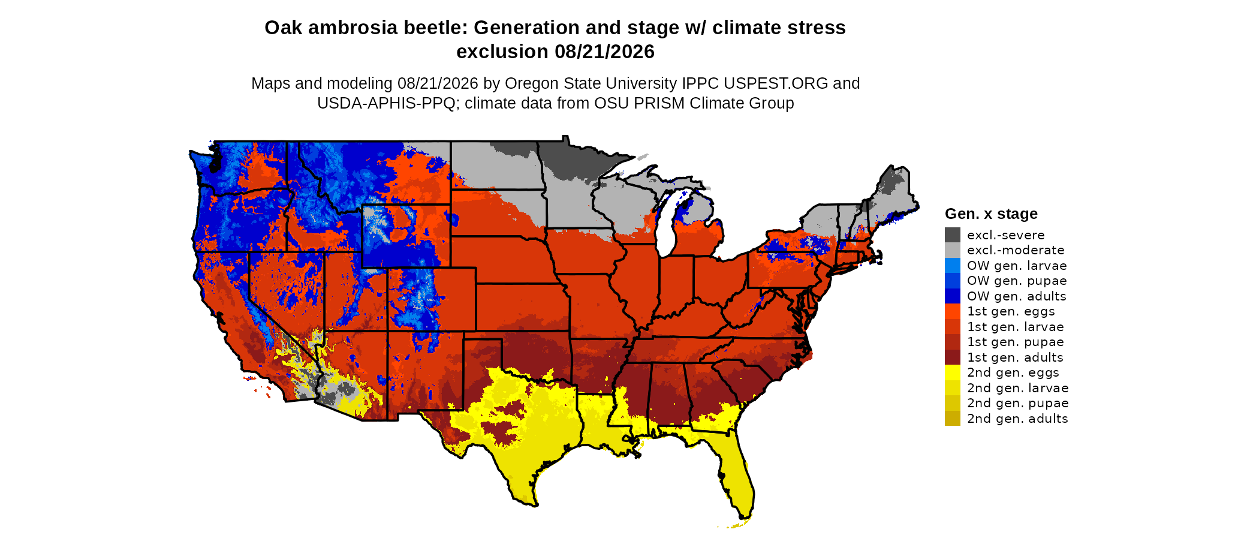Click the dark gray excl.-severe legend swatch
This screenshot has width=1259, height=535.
tap(953, 235)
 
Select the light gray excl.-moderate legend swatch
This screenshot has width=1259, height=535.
tap(953, 250)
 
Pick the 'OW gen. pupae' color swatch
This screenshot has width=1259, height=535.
tap(953, 281)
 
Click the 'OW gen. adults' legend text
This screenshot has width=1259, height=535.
tap(1017, 296)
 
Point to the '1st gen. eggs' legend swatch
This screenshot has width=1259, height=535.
tap(953, 311)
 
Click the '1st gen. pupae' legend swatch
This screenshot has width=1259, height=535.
tap(953, 342)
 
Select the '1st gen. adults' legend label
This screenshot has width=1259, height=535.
tap(1016, 357)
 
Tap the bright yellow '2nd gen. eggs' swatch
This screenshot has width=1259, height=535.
tap(953, 372)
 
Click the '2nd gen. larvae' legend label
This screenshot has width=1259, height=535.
tap(1018, 388)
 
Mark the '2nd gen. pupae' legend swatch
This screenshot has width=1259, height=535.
tap(953, 403)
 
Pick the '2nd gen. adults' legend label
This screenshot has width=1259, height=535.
tap(1017, 419)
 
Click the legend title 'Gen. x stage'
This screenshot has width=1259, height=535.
tap(991, 214)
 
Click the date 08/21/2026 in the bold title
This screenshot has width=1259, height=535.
tap(604, 52)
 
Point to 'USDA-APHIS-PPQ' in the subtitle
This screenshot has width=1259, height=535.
tap(386, 103)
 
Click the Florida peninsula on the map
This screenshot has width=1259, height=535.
tap(736, 474)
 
